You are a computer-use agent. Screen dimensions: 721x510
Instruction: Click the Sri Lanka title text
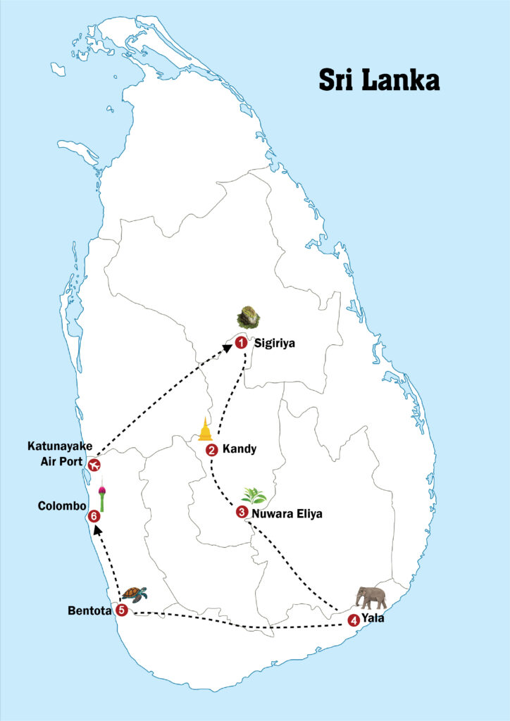pos(379,80)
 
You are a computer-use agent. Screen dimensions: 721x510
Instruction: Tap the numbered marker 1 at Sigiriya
pos(241,343)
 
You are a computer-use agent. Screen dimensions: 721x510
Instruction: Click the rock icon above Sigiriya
pos(248,317)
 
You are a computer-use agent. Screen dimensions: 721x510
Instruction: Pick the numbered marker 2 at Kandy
pos(211,450)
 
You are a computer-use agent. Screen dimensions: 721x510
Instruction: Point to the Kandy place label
pos(239,449)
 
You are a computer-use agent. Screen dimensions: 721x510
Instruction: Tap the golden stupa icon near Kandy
pos(205,429)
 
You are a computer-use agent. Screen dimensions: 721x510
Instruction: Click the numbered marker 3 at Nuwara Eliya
pos(242,513)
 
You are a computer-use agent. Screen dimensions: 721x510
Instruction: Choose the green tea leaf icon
pos(254,496)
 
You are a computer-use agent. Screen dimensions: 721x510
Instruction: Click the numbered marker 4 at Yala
pos(353,620)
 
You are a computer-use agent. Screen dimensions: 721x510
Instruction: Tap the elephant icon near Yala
pos(371,597)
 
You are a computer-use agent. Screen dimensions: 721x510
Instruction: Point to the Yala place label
pos(373,620)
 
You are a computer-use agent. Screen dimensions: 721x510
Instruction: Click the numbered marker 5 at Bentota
pos(122,610)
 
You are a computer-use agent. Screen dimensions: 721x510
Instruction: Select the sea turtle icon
pos(134,594)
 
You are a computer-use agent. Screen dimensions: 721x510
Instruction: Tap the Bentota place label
pos(90,610)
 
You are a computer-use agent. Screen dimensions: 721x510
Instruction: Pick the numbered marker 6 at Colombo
pos(94,516)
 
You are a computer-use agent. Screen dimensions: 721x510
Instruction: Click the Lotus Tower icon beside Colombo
pos(103,496)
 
